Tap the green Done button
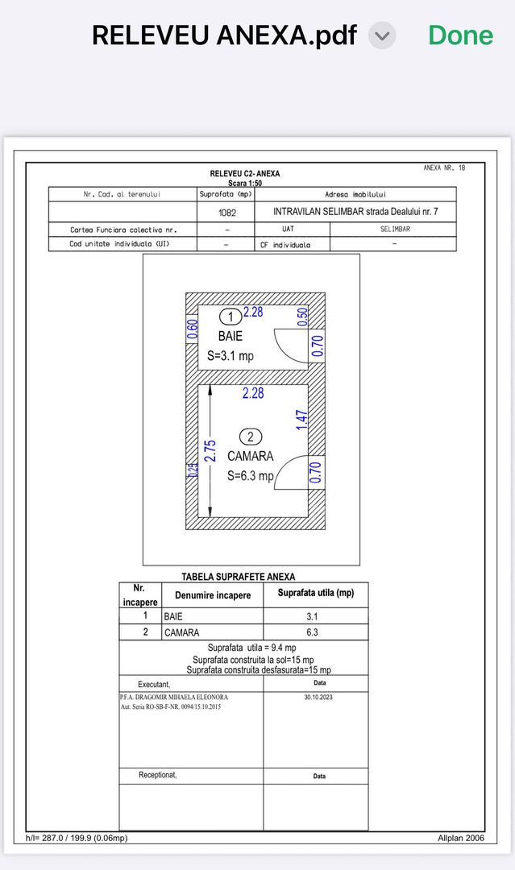[460, 35]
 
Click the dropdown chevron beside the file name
[382, 35]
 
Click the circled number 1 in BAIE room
[230, 317]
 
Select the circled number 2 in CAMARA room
[251, 437]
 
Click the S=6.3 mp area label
[250, 475]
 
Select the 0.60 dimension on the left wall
[193, 330]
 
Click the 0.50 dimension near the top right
[302, 317]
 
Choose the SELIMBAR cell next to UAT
[395, 230]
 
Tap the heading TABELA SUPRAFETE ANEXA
[238, 577]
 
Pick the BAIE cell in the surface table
[212, 616]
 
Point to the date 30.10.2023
[318, 698]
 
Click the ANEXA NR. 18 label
[444, 168]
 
